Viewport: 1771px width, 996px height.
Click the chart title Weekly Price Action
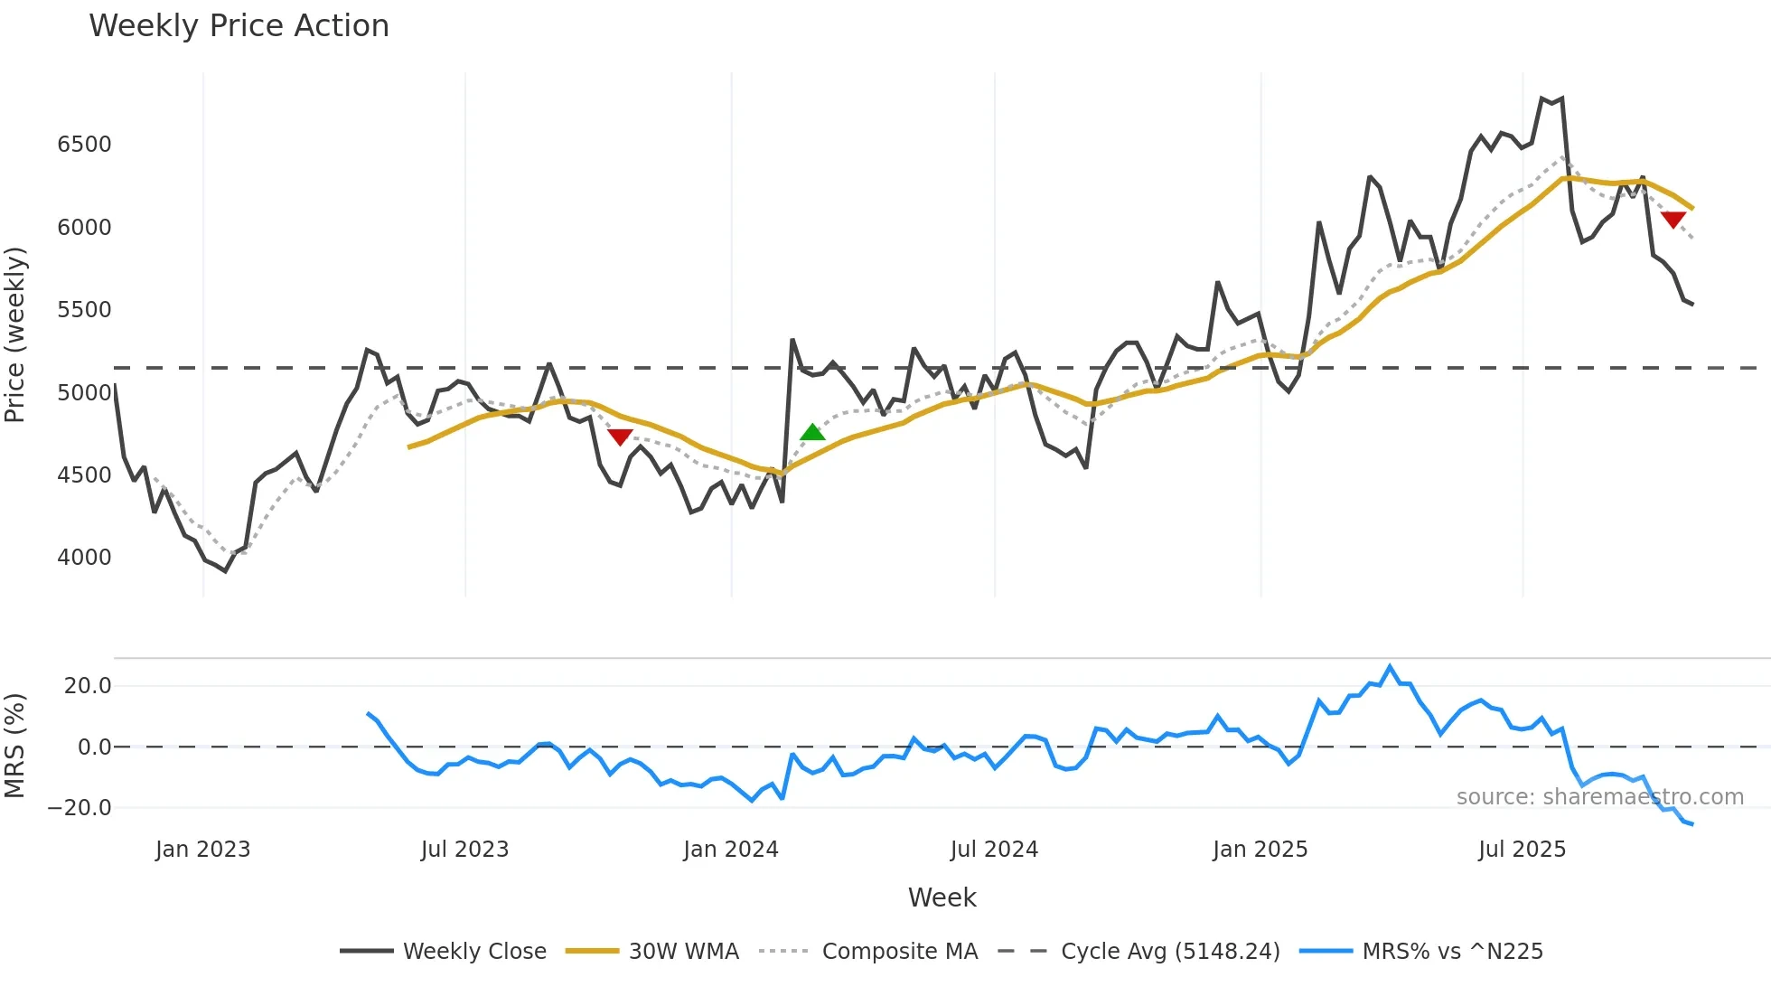click(x=239, y=26)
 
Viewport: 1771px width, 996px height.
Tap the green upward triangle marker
click(x=812, y=432)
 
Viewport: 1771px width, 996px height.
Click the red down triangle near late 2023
click(x=620, y=437)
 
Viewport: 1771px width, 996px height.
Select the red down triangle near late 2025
click(x=1673, y=220)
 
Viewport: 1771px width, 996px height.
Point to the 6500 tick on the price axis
click(x=84, y=145)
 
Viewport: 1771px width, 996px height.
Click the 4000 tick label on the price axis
click(x=84, y=558)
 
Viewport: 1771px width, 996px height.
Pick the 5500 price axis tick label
click(x=84, y=310)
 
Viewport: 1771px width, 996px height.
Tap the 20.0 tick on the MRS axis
click(x=88, y=686)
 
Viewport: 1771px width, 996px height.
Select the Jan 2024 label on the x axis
click(x=730, y=850)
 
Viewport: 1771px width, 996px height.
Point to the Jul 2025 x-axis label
click(x=1522, y=850)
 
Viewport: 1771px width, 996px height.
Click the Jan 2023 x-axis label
click(x=202, y=850)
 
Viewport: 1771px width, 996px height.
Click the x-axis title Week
click(x=942, y=897)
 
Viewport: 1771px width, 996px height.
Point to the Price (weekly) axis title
click(x=15, y=334)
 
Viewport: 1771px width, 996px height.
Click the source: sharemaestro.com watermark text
click(x=1599, y=797)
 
